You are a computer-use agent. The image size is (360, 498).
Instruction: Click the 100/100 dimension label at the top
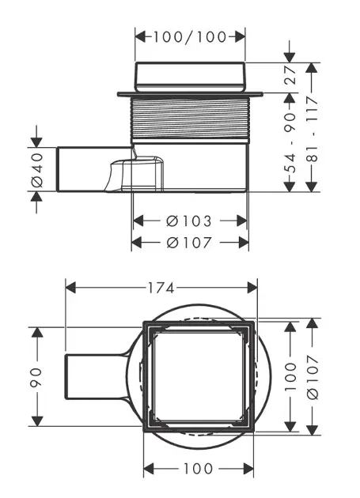click(x=190, y=37)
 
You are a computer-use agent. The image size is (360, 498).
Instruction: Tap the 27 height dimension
click(x=290, y=75)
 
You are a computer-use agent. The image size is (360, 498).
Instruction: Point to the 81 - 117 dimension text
click(x=313, y=130)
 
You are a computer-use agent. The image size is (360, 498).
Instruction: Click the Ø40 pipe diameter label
click(x=37, y=170)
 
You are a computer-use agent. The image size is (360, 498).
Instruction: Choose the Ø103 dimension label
click(x=189, y=221)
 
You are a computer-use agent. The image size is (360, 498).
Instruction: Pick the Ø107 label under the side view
click(x=189, y=243)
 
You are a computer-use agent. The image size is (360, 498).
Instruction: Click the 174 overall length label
click(x=161, y=288)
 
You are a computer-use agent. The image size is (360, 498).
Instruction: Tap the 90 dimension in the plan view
click(x=36, y=377)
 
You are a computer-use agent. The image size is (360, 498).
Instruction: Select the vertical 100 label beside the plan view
click(x=290, y=377)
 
